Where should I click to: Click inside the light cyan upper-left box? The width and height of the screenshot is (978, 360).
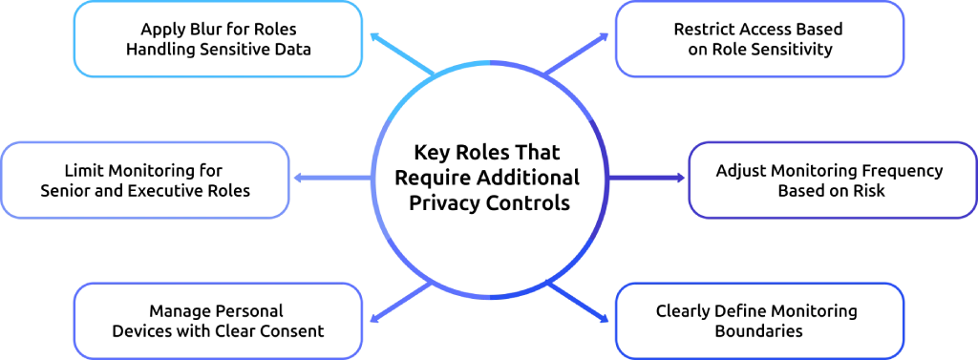[x=219, y=39]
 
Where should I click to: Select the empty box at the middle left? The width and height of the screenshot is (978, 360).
[x=146, y=179]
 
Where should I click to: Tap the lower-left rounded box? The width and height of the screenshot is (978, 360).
[x=219, y=318]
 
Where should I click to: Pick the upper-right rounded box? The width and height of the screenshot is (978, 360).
[x=759, y=39]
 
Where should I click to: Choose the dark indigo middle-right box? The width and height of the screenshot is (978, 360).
[x=831, y=179]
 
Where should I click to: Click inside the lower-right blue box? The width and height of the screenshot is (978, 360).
[x=759, y=318]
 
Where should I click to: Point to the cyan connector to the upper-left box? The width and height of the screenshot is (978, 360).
[x=396, y=55]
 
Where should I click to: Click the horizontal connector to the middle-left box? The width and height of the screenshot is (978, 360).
[x=330, y=179]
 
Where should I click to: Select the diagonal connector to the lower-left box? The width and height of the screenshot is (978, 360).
[x=396, y=304]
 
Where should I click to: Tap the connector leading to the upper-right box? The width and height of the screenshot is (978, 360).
[x=580, y=55]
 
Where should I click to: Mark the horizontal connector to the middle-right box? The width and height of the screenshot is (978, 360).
[x=648, y=179]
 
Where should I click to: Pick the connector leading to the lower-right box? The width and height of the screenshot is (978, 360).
[x=580, y=304]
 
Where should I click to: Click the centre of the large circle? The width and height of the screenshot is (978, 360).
[x=490, y=180]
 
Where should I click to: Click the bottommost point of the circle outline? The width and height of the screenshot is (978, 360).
[x=490, y=298]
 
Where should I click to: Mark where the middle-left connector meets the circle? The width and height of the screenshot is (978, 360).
[x=372, y=179]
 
